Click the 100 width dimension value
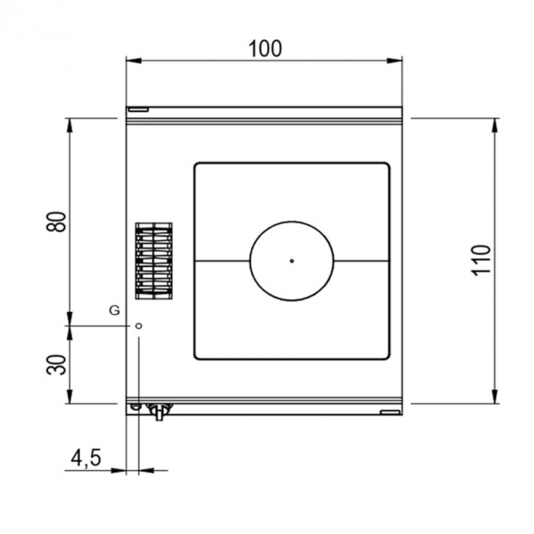point(265,49)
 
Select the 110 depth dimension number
point(483,260)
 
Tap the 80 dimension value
point(56,222)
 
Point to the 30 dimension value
point(56,365)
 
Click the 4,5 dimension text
point(85,458)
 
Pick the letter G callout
point(114,310)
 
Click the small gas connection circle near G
point(138,326)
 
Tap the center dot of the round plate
point(291,261)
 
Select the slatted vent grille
point(154,261)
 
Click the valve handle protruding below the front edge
point(159,413)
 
